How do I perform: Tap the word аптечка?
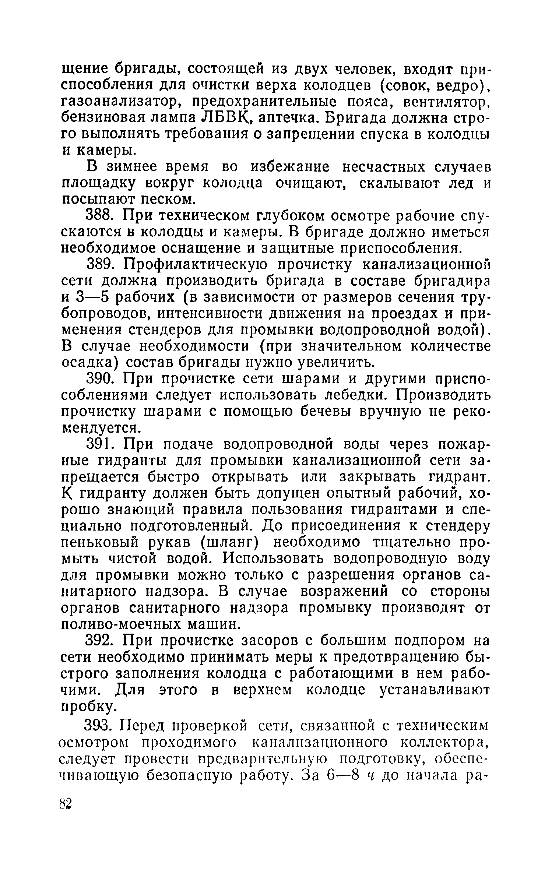click(289, 118)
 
